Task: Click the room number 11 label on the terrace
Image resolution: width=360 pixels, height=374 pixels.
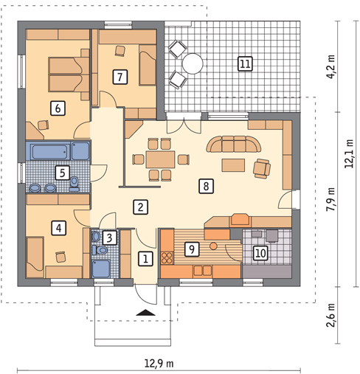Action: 245,63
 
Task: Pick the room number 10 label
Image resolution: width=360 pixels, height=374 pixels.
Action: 259,253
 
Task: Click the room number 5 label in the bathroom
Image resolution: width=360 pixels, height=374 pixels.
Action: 63,173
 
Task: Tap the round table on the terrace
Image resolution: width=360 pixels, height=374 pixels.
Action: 193,64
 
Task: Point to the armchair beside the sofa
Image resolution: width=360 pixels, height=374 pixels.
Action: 262,168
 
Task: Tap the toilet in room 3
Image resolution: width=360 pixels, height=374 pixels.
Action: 97,237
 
